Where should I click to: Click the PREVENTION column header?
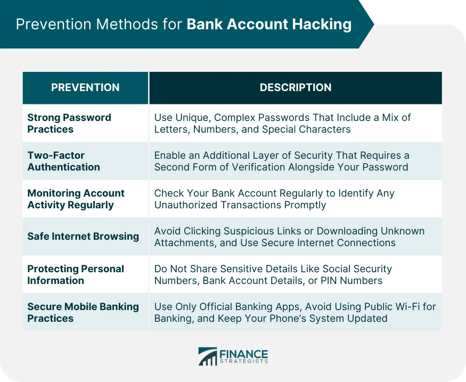point(85,87)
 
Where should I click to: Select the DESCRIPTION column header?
point(295,87)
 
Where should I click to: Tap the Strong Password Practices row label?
point(69,123)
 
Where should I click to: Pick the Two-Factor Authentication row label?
point(64,161)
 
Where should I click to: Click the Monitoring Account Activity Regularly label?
point(76,199)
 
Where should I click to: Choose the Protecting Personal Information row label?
point(75,274)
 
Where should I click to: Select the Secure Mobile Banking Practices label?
point(83,312)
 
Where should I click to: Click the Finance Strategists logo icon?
point(208,356)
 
